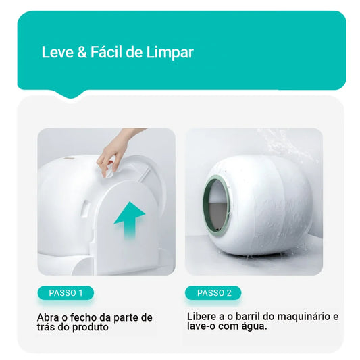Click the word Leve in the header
click(x=55, y=53)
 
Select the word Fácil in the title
click(x=106, y=53)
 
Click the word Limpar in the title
click(x=170, y=53)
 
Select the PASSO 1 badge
click(x=66, y=293)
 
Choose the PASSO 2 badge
click(x=214, y=293)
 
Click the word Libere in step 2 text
click(x=202, y=316)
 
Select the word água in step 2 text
click(x=255, y=326)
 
